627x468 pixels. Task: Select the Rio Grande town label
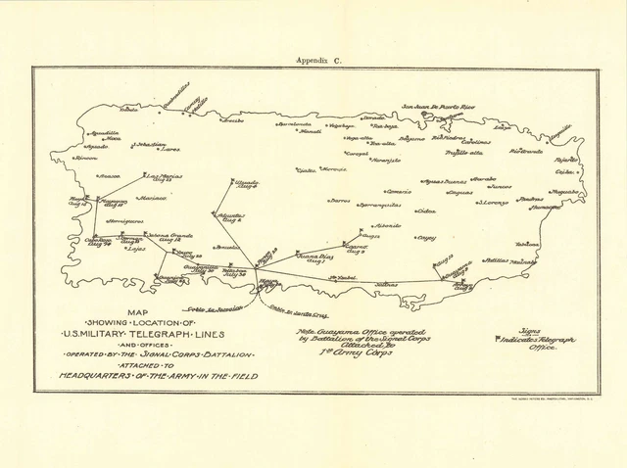525,152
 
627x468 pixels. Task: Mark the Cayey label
425,237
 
